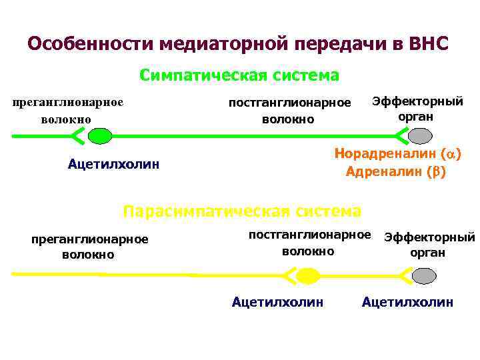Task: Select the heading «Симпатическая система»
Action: tap(239, 75)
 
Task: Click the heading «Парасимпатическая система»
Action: tap(242, 211)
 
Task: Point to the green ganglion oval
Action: tap(101, 136)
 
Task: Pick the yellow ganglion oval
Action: tap(307, 275)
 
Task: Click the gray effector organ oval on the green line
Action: tap(421, 136)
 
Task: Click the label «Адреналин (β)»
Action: tap(396, 171)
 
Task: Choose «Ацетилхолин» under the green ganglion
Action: tap(113, 164)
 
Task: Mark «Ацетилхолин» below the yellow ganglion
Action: tap(277, 302)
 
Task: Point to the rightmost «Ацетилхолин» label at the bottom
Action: tap(407, 302)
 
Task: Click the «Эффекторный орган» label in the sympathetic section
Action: tap(417, 109)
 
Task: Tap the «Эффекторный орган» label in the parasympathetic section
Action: tap(428, 245)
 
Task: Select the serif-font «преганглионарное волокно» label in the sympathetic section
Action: tap(69, 111)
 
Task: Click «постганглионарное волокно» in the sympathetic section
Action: tap(289, 111)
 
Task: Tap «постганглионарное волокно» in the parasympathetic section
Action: tap(309, 243)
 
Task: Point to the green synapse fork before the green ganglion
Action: tap(77, 136)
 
